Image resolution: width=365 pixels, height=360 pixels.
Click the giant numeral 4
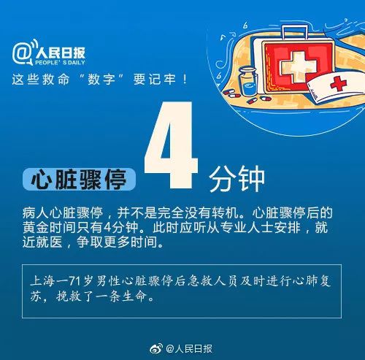tap(172, 145)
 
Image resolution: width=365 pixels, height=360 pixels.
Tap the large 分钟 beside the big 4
tap(237, 179)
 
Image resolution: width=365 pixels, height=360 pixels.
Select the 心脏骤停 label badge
tap(79, 179)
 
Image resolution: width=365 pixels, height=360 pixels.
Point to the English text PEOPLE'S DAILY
tap(60, 63)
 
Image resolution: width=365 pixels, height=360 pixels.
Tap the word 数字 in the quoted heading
tap(101, 80)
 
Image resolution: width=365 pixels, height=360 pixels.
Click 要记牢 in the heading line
tap(154, 80)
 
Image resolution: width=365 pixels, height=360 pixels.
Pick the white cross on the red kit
tap(298, 66)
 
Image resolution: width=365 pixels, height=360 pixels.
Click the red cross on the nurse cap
tap(339, 84)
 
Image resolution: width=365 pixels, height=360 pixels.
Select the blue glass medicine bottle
tap(248, 82)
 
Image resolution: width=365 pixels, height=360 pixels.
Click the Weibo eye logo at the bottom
tap(156, 349)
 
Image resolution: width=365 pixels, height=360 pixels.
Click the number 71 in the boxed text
tap(75, 281)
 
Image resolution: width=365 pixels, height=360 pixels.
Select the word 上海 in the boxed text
tap(42, 281)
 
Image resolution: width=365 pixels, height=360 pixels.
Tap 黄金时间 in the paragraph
tap(50, 228)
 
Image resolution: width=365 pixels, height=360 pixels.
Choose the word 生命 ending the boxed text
tap(134, 296)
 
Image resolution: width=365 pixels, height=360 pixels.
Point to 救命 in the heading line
tap(55, 80)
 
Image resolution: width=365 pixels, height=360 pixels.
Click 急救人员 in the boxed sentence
tap(212, 281)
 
